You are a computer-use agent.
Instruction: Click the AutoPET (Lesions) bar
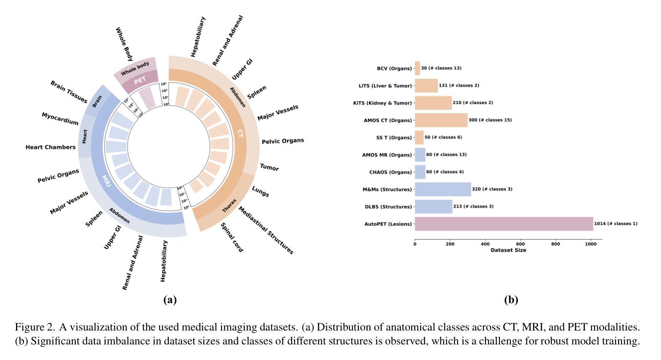tap(504, 224)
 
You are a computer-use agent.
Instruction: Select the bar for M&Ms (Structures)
tap(442, 189)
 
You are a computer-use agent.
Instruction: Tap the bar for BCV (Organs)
tap(417, 68)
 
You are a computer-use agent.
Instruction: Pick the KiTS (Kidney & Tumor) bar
tap(433, 103)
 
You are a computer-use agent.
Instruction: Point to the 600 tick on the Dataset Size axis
tap(520, 244)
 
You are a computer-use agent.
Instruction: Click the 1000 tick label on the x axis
tap(591, 244)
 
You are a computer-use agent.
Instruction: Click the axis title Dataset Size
tap(508, 250)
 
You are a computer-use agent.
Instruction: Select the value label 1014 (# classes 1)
tap(616, 224)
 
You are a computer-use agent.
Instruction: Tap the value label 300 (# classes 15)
tap(490, 120)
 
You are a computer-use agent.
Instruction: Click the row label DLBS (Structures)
tap(388, 207)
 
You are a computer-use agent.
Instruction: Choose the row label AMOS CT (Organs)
tap(388, 120)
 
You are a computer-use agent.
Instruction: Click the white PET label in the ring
tap(140, 80)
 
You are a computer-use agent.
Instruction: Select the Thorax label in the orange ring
tap(229, 205)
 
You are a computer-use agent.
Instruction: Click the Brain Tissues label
tap(69, 92)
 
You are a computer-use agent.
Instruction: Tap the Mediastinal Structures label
tap(266, 230)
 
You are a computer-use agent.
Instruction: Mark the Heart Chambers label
tap(51, 147)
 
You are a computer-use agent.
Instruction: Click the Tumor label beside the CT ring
tap(269, 168)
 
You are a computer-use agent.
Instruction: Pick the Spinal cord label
tap(232, 238)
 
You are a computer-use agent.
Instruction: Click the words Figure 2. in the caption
tap(35, 327)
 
